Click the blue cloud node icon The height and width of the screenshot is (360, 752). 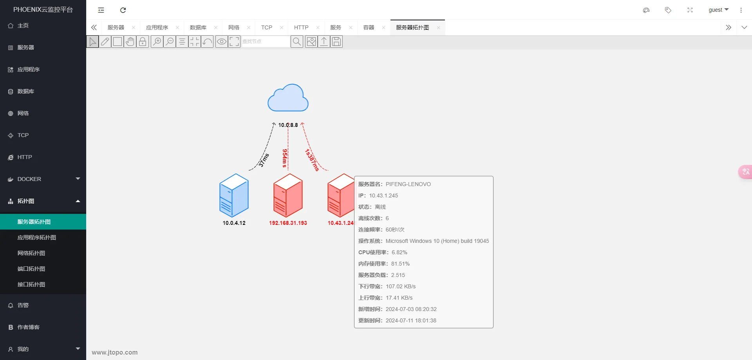288,98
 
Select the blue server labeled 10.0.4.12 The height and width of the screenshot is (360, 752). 234,195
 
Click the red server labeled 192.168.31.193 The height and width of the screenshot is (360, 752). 288,195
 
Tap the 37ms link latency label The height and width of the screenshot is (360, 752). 264,160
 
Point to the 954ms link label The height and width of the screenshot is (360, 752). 285,158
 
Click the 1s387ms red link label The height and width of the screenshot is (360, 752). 312,160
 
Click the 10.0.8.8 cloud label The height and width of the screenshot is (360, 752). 288,125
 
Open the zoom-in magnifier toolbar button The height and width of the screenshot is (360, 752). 157,42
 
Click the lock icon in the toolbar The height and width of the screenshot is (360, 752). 143,42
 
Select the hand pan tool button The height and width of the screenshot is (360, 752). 130,42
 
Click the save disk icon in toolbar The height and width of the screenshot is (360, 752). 336,42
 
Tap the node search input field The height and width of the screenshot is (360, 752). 266,42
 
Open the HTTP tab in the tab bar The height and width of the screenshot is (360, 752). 301,27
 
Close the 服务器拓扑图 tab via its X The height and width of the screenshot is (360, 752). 438,27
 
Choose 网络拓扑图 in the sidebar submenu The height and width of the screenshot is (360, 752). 31,253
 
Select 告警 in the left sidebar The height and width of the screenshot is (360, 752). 23,305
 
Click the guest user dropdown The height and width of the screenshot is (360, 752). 719,10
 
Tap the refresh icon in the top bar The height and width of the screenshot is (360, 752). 123,10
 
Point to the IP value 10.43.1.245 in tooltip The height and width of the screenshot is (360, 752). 383,195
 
